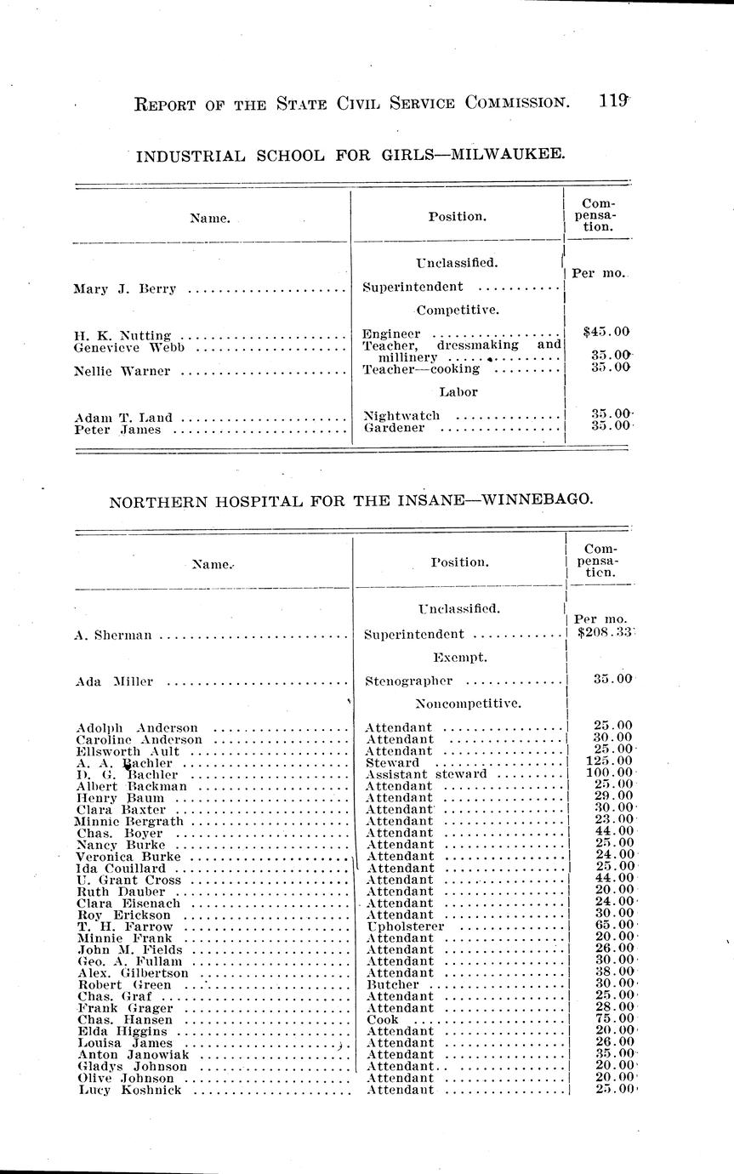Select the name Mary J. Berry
pos(125,288)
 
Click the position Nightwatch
pos(401,416)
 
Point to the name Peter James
pos(117,430)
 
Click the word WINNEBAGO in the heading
pos(535,501)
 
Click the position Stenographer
pos(407,681)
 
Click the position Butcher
pos(392,984)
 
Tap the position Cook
pos(382,1019)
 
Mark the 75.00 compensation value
pos(613,1019)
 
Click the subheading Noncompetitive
pos(468,704)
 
